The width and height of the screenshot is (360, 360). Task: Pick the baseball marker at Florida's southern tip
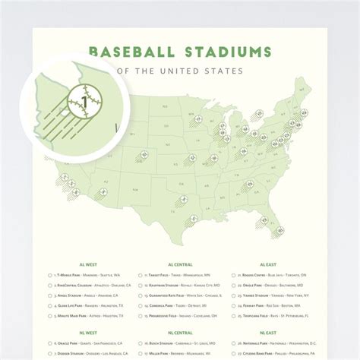point(279,229)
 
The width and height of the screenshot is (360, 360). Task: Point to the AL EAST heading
point(268,264)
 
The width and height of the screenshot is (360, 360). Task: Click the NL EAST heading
point(268,332)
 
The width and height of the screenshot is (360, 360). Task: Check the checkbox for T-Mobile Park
point(49,275)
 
